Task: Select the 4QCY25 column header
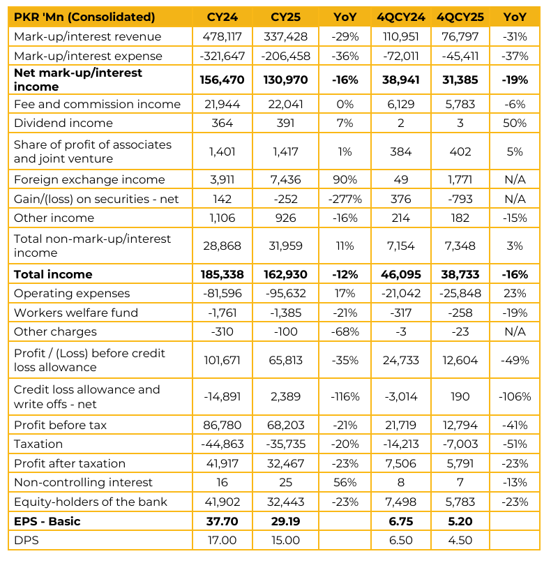(x=460, y=17)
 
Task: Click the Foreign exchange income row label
(x=89, y=179)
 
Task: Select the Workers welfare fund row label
(x=76, y=313)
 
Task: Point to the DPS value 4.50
(x=460, y=540)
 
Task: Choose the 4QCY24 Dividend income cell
(x=401, y=123)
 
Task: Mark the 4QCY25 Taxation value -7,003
(x=460, y=444)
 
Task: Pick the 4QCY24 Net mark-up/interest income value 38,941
(x=401, y=80)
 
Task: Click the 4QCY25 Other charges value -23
(x=460, y=331)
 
